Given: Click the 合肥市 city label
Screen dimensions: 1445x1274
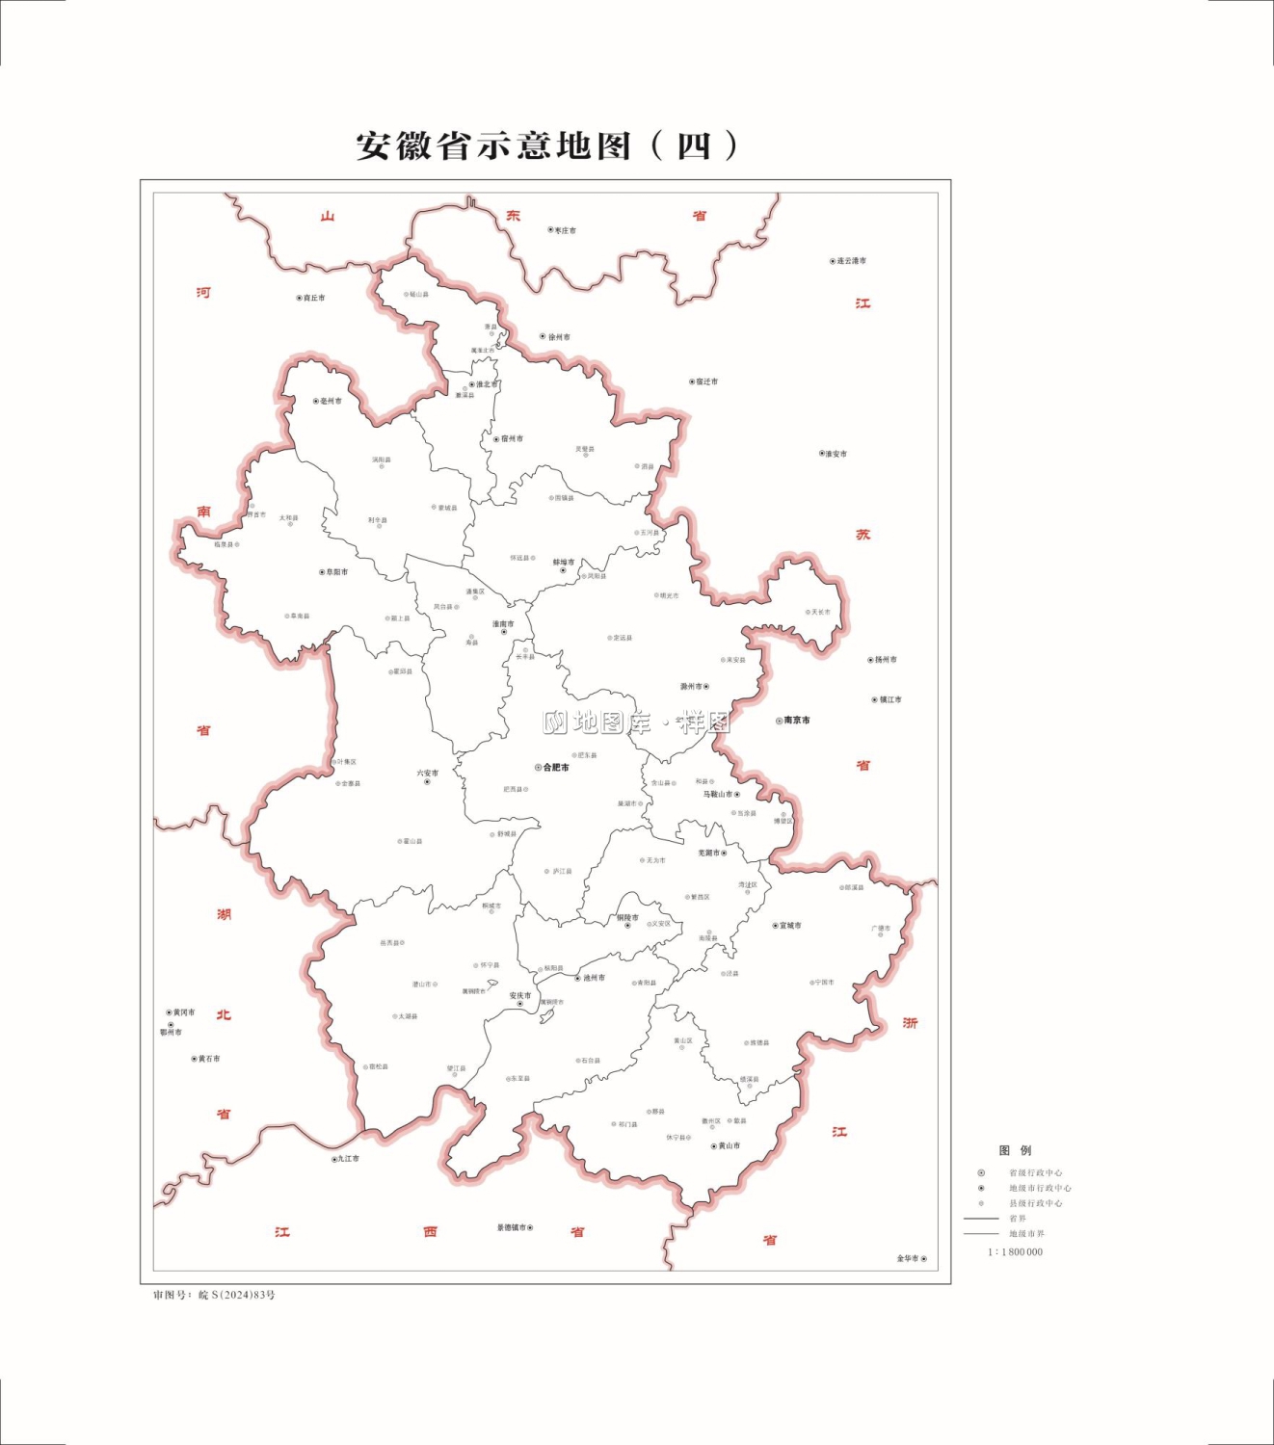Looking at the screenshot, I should coord(556,768).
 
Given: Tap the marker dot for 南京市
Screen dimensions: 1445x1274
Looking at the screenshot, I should coord(779,721).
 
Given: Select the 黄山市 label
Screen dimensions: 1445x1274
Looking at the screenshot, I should coord(729,1146).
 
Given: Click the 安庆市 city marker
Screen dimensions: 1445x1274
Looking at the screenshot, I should coord(520,1005).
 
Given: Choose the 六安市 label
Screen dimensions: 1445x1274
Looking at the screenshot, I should coord(427,773).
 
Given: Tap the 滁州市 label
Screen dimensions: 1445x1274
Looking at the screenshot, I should coord(691,687).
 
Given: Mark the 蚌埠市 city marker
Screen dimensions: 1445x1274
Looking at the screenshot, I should coord(564,571).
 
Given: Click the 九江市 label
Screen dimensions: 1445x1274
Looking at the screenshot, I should coord(348,1159).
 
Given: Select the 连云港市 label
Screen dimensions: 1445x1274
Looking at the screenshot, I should coord(851,261).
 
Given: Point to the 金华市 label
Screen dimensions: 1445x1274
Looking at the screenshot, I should coord(908,1259).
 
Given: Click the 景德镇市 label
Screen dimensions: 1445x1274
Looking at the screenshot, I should coord(512,1228).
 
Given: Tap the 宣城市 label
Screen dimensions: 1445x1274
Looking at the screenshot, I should coord(790,926).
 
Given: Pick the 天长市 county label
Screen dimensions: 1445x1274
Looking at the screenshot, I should coord(820,612).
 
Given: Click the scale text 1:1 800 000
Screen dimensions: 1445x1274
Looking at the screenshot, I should coord(1015,1252).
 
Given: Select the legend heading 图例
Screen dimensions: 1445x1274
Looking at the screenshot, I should coord(1015,1150).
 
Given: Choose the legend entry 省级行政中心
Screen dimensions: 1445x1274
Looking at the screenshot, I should coord(1035,1173).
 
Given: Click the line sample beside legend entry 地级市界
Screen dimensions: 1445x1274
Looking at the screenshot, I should coord(981,1234).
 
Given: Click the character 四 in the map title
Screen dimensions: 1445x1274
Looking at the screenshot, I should coord(693,146).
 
